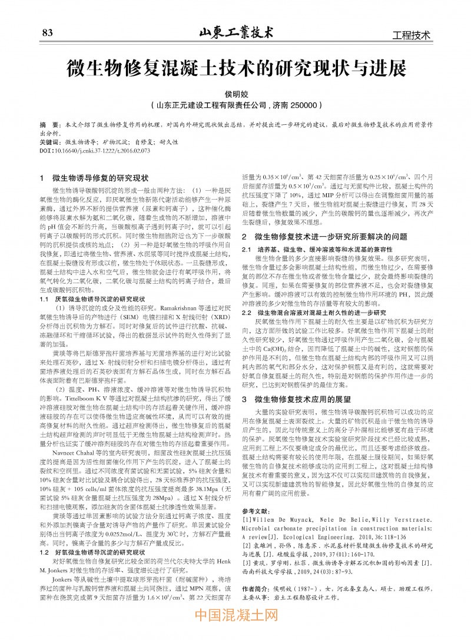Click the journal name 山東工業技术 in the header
pyautogui.click(x=236, y=32)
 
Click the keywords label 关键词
pyautogui.click(x=49, y=142)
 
